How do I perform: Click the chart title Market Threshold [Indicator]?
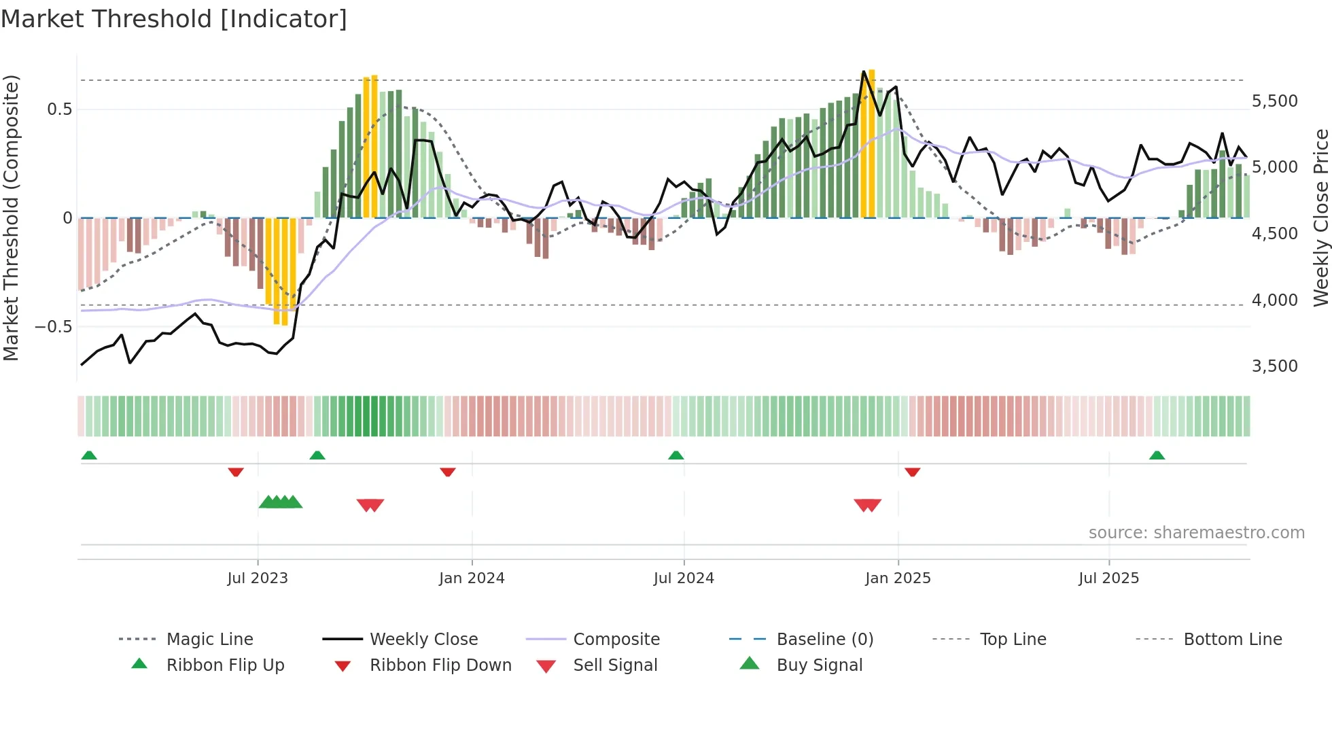coord(174,19)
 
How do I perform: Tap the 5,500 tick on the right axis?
coord(1274,101)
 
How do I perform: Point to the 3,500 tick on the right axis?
coord(1274,366)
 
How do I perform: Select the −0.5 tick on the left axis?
coord(53,327)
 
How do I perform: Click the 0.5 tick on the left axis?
coord(59,109)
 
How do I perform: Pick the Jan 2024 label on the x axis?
coord(472,578)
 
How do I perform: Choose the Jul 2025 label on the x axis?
coord(1108,578)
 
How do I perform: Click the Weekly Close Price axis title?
coord(1320,217)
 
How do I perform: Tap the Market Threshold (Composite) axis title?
coord(11,217)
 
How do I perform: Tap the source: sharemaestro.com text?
coord(1196,533)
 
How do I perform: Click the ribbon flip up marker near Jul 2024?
coord(676,455)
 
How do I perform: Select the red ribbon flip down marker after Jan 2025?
coord(912,472)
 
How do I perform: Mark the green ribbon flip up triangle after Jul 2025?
coord(1157,455)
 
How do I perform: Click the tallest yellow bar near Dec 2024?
coord(871,143)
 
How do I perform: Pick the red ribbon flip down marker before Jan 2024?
coord(447,472)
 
